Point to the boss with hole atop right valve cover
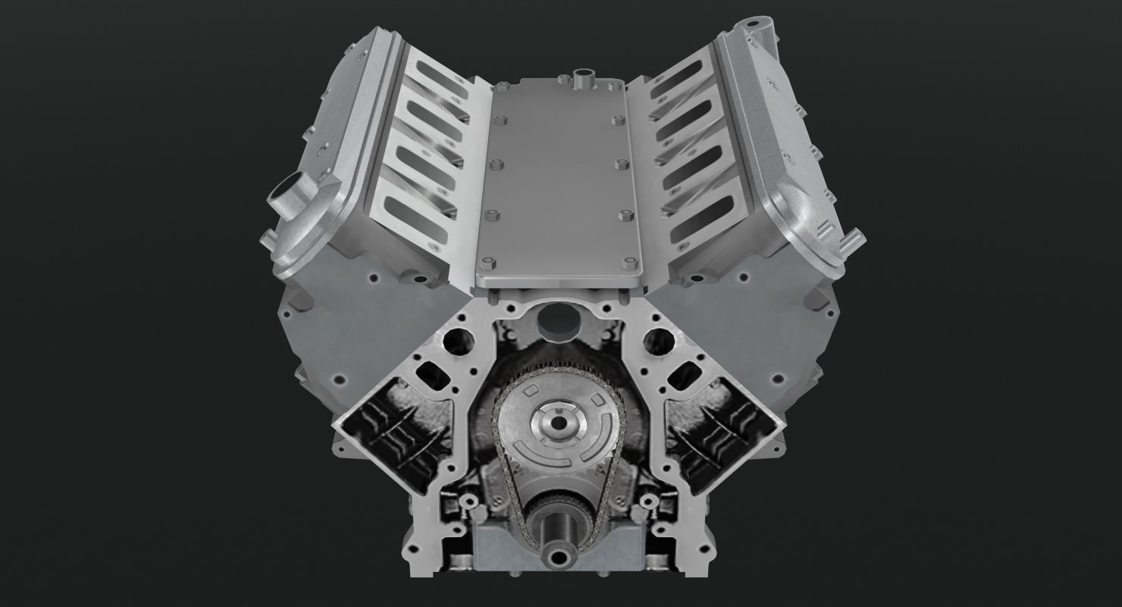(759, 33)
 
